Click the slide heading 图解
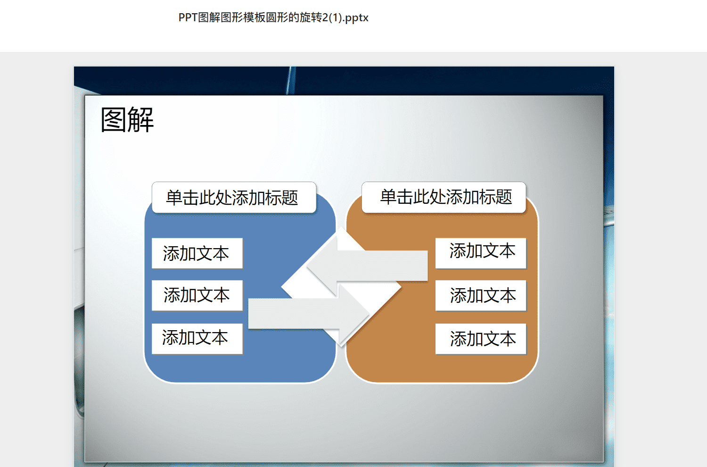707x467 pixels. click(127, 120)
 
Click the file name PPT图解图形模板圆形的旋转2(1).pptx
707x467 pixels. click(273, 18)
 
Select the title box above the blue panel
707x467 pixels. click(234, 198)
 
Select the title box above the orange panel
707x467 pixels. click(444, 198)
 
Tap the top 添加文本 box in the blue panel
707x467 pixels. click(197, 253)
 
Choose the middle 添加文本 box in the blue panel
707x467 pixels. click(197, 295)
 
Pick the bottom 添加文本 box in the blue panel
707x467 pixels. click(197, 339)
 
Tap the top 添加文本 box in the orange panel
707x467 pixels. click(481, 253)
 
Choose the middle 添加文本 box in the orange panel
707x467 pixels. click(481, 295)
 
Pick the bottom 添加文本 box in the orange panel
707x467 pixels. click(481, 339)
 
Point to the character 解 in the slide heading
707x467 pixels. click(141, 120)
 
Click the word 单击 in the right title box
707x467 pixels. click(396, 197)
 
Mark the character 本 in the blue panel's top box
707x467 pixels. click(221, 254)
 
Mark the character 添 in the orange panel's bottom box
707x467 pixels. click(458, 339)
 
